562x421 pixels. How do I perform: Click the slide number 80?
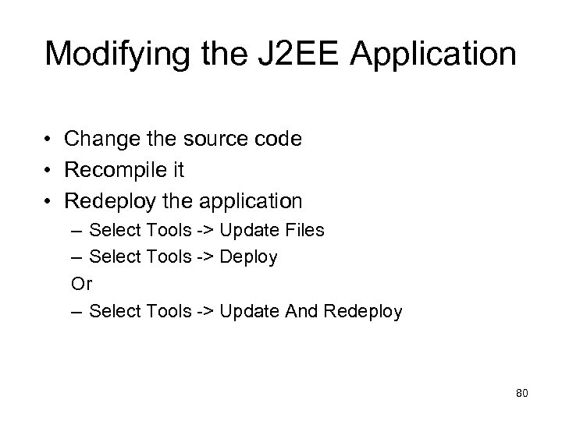[522, 393]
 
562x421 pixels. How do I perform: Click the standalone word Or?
[80, 284]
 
